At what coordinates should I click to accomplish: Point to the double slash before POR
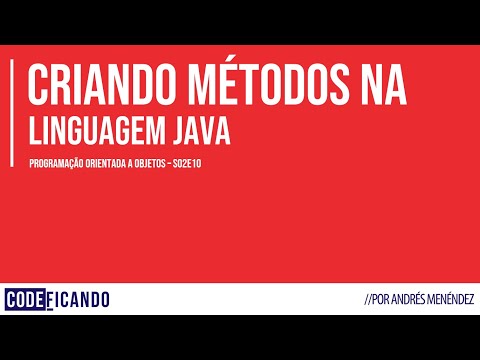coord(371,300)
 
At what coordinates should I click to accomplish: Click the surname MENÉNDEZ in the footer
coord(452,300)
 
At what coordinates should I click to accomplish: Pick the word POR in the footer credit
coord(385,300)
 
